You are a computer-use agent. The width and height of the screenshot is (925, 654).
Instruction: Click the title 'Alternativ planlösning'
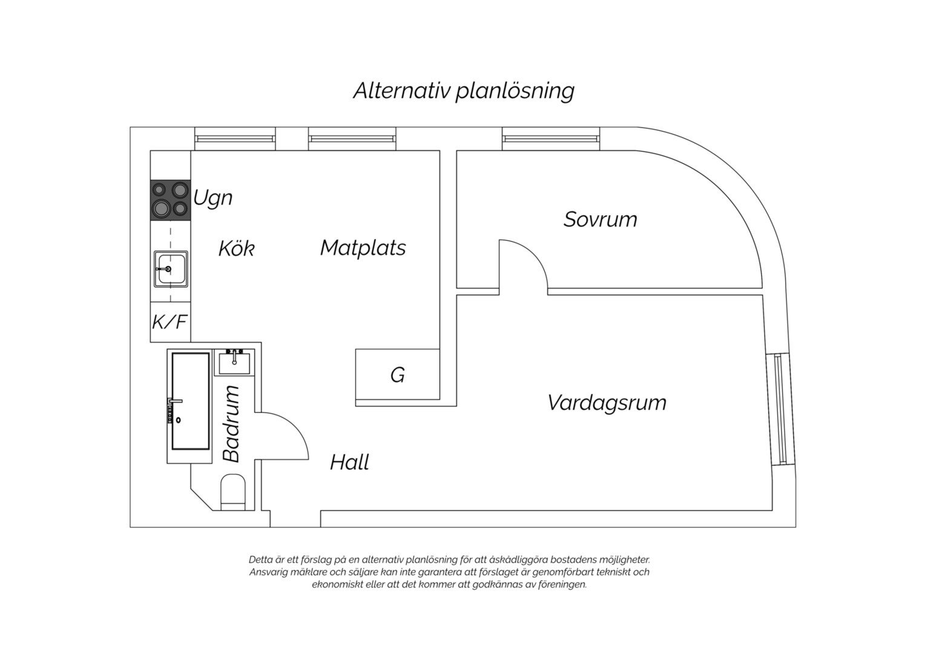coord(464,91)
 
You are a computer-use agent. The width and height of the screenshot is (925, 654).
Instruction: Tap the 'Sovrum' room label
coord(600,219)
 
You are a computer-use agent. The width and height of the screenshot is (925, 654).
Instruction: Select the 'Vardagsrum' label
coord(607,403)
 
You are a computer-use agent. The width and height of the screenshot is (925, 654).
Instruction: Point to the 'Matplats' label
coord(363,248)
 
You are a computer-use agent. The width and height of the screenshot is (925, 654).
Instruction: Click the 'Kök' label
coord(236,248)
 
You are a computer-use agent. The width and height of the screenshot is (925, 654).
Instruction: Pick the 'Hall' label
coord(349,462)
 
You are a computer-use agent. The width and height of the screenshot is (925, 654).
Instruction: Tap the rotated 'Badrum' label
coord(231,423)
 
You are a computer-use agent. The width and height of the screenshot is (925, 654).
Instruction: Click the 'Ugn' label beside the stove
coord(212,198)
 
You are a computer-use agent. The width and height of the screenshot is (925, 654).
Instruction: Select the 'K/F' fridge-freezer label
coord(170,322)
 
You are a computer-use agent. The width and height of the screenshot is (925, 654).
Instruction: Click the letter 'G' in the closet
coord(397,375)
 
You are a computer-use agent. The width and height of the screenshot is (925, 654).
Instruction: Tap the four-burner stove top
coord(170,200)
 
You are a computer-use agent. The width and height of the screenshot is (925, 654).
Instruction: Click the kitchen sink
coord(171,269)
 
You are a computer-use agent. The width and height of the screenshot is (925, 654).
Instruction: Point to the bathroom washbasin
coord(234,362)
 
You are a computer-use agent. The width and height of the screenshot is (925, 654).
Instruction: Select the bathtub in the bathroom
coord(190,401)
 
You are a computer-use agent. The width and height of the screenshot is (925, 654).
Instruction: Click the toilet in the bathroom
coord(233,492)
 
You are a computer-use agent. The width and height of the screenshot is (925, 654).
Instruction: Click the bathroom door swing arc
coord(294,426)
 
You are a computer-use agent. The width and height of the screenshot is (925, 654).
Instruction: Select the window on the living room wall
coord(780,410)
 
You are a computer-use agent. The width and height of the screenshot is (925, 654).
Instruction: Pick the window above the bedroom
coord(551,139)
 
